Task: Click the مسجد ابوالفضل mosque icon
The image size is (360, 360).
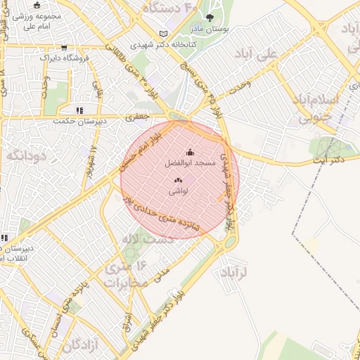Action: [x=189, y=152]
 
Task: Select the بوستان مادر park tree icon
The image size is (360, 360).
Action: [x=209, y=18]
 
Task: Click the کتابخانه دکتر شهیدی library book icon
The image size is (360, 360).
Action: [x=164, y=33]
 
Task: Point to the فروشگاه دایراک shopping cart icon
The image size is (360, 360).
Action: [x=65, y=48]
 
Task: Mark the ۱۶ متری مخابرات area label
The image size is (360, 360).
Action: [x=128, y=274]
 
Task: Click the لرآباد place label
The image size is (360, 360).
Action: [x=235, y=272]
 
